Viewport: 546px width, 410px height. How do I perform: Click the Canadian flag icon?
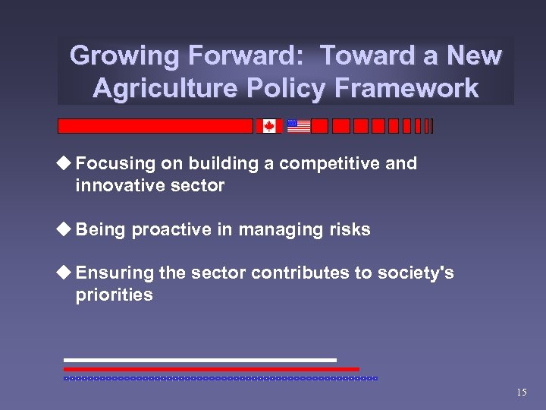(269, 126)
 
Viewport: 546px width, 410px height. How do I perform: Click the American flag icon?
(299, 126)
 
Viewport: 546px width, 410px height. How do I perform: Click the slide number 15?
(521, 393)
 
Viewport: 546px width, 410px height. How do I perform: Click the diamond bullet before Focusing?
(66, 163)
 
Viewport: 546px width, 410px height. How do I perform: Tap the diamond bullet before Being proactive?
(66, 229)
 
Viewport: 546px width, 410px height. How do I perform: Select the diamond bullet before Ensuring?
(66, 273)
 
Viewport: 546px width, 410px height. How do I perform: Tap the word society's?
(416, 273)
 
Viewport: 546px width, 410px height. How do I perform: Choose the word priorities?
(114, 295)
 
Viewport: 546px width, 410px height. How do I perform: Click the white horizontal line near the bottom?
(199, 360)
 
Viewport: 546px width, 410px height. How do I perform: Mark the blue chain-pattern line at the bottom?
(220, 377)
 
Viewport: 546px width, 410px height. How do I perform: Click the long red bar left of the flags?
(155, 126)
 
